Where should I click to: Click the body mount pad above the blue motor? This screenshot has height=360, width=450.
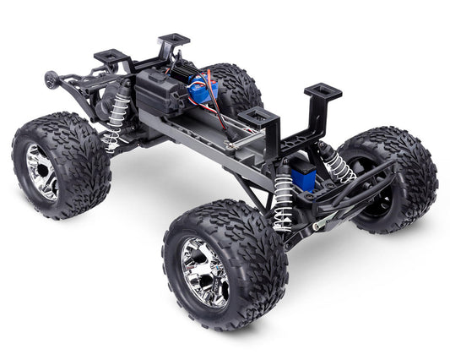click(x=174, y=39)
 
